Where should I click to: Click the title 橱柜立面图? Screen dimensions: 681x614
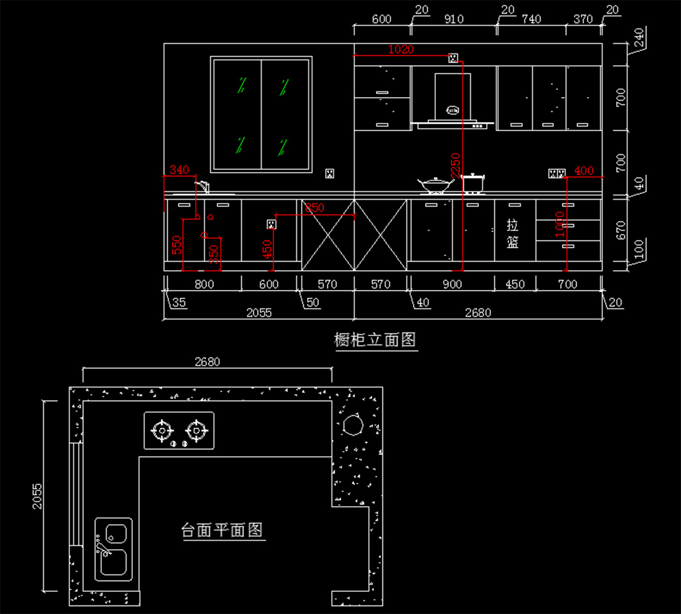(375, 340)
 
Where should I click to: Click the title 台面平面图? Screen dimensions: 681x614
(222, 530)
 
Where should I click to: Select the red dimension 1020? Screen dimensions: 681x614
(401, 50)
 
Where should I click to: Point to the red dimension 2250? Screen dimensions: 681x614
(455, 165)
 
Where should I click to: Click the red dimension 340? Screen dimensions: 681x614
(179, 170)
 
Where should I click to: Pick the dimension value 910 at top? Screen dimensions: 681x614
(453, 19)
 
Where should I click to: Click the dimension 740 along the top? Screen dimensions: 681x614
(531, 19)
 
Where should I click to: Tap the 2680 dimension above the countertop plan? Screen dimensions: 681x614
(207, 361)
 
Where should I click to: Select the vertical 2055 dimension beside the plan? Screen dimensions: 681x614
(37, 495)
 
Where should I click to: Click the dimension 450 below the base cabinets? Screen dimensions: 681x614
(515, 284)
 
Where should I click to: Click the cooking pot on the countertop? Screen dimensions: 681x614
(473, 183)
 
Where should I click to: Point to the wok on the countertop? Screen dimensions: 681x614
(435, 184)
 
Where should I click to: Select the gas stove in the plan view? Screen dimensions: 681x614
(179, 431)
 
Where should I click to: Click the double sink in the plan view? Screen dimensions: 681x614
(113, 549)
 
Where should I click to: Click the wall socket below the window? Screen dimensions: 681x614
(329, 174)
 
